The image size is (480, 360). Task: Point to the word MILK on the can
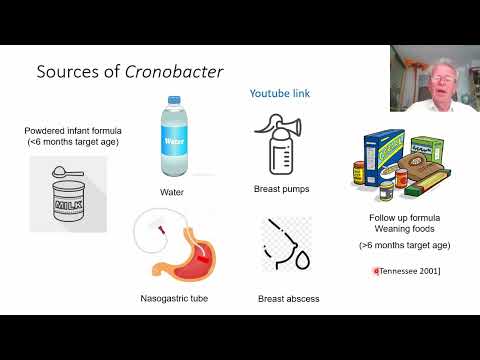tap(65, 202)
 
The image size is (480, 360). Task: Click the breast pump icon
tap(283, 142)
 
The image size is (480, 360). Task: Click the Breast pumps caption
tap(284, 188)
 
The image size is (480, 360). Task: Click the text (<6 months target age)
tap(67, 143)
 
